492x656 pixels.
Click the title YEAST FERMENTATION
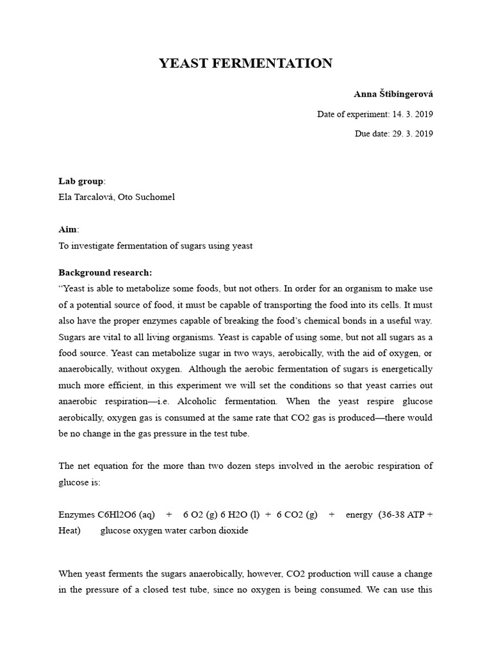(x=246, y=63)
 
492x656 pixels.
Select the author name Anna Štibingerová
(x=393, y=94)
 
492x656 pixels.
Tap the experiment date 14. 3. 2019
(x=411, y=115)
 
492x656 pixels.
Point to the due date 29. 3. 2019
(x=411, y=134)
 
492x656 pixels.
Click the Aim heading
(x=67, y=229)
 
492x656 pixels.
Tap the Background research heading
(x=105, y=272)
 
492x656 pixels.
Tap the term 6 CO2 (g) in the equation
(x=297, y=515)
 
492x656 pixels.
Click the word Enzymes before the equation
(x=77, y=515)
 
